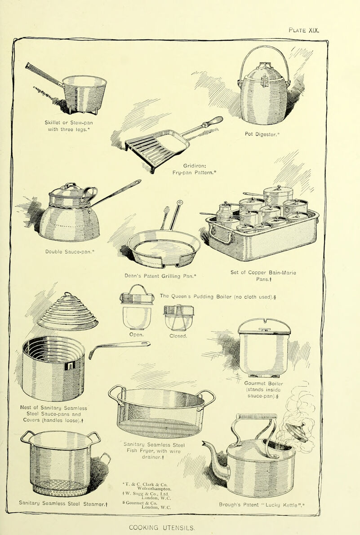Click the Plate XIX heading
[304, 32]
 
